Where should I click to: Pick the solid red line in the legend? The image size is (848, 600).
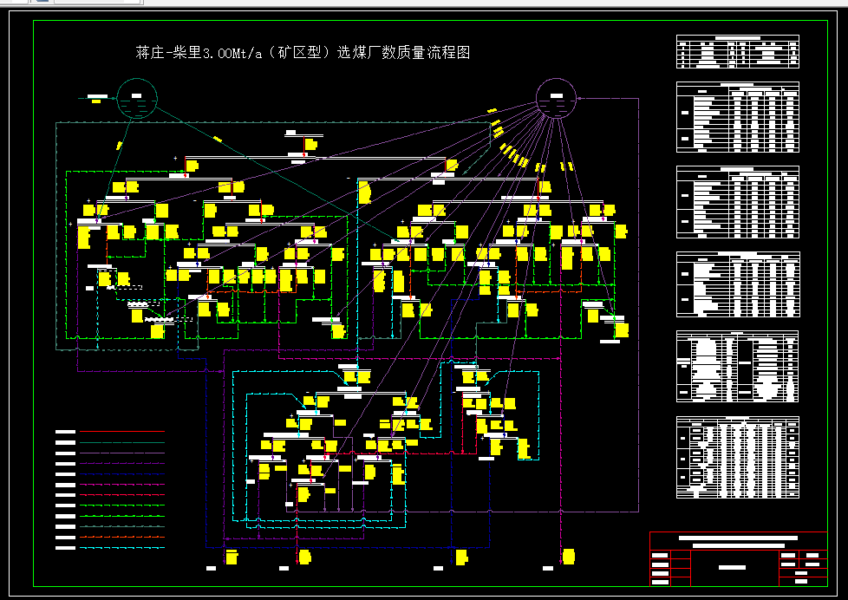[x=121, y=494]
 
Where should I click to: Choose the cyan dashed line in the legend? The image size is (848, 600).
[x=121, y=547]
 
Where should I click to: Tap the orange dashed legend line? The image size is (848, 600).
[x=121, y=537]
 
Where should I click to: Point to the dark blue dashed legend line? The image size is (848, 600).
[x=121, y=473]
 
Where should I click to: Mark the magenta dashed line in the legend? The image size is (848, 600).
[x=121, y=484]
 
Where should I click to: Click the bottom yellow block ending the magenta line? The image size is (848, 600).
[x=568, y=556]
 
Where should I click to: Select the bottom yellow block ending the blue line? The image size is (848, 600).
[x=461, y=557]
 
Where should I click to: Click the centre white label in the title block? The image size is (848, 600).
[x=733, y=566]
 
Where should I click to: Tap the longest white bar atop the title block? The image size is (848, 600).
[x=738, y=538]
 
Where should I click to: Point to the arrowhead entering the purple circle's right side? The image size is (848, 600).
[x=580, y=98]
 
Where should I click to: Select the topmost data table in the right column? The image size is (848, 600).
[x=737, y=52]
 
